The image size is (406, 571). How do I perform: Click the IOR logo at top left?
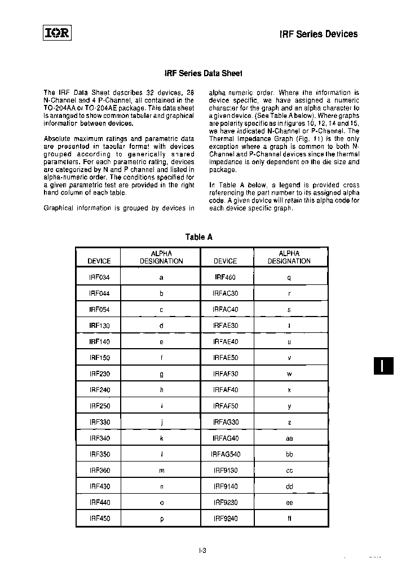point(56,33)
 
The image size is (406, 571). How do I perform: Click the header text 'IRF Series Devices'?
point(319,34)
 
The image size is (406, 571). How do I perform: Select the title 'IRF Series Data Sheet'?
point(202,73)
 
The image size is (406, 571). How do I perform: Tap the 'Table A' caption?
point(199,237)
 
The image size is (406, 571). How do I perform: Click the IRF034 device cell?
point(99,278)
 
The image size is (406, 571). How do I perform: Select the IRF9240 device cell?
point(226,518)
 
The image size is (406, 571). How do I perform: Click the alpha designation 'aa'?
point(289,438)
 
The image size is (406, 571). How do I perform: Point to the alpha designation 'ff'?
point(289,518)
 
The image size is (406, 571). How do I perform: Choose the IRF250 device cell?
point(99,406)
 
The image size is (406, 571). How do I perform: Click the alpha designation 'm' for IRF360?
point(161,470)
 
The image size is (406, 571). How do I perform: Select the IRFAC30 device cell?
point(226,293)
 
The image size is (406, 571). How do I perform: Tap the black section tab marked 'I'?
point(382,366)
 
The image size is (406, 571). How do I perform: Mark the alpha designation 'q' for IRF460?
point(289,278)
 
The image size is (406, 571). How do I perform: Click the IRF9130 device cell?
point(226,470)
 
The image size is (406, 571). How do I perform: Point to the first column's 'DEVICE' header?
point(99,261)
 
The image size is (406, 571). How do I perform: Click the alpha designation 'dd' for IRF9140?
point(289,486)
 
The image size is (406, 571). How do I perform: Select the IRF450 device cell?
point(99,518)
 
